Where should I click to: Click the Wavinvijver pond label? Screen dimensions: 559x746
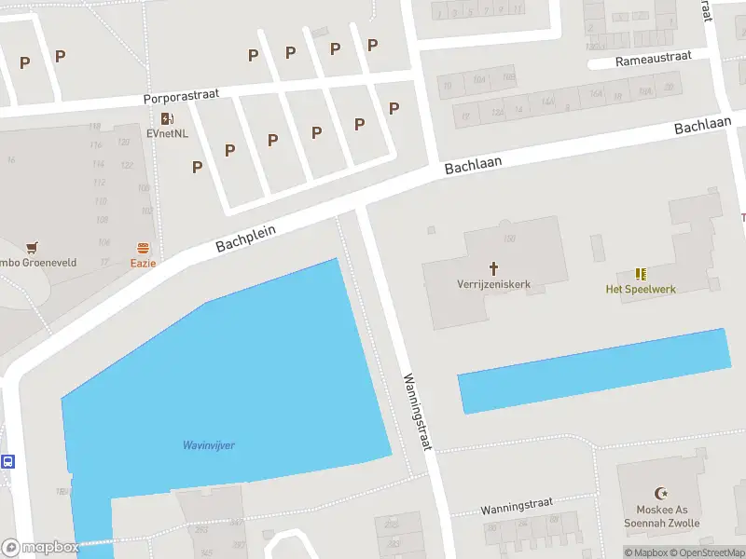(208, 445)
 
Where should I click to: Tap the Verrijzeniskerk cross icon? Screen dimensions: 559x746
(493, 267)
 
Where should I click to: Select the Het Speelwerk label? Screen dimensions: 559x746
(641, 289)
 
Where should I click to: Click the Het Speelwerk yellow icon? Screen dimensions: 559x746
(641, 274)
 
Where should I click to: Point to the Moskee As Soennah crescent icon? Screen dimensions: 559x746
(663, 493)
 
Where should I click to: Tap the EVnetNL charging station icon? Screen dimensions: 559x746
(167, 118)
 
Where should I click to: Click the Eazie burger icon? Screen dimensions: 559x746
(143, 248)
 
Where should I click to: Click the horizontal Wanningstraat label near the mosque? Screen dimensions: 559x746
(517, 509)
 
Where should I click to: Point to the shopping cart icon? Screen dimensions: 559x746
(34, 248)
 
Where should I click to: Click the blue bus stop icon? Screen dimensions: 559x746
(7, 461)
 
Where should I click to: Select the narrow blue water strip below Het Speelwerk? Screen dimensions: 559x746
(593, 371)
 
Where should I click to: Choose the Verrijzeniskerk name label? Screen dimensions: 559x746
(493, 284)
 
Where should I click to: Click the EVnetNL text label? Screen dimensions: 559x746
(167, 133)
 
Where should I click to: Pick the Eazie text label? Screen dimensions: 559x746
(143, 263)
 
